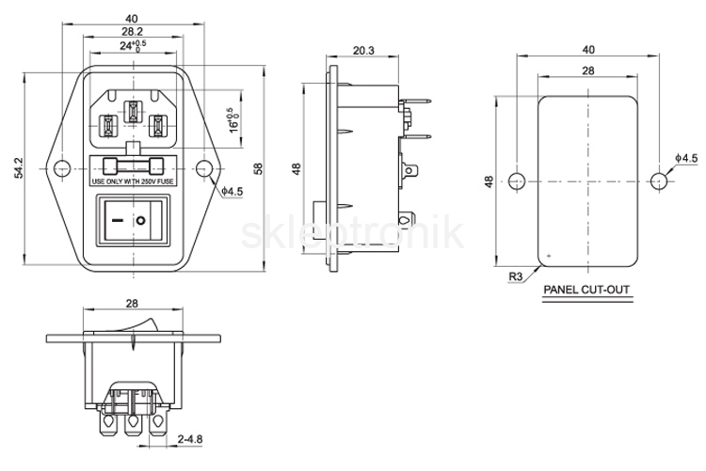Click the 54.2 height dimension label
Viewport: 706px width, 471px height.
(x=19, y=167)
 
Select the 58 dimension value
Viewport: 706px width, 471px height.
(x=258, y=168)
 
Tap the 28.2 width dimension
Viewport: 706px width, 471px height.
(x=132, y=31)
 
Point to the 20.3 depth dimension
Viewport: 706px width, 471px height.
(x=363, y=51)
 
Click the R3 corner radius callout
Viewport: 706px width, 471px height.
(x=515, y=276)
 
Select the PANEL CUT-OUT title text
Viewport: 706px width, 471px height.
(x=586, y=290)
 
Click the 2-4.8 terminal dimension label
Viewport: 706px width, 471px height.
(x=189, y=439)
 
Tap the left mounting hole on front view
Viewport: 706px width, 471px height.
(x=62, y=168)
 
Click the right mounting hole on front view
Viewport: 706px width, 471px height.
(x=204, y=168)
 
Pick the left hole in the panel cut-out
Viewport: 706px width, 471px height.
(x=517, y=181)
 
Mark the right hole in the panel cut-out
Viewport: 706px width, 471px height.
(x=659, y=181)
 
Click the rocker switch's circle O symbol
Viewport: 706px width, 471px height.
(x=141, y=221)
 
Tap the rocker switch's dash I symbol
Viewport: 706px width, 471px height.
(x=118, y=221)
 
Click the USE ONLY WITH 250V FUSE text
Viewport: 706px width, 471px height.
(x=133, y=182)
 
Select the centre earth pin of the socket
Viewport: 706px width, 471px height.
(x=134, y=111)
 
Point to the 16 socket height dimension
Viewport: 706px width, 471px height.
(x=233, y=120)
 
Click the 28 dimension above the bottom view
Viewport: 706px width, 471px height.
(x=132, y=304)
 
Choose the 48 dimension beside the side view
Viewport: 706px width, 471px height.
(x=297, y=168)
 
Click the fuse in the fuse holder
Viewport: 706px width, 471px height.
(x=134, y=166)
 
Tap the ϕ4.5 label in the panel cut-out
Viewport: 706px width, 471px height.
(x=685, y=158)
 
